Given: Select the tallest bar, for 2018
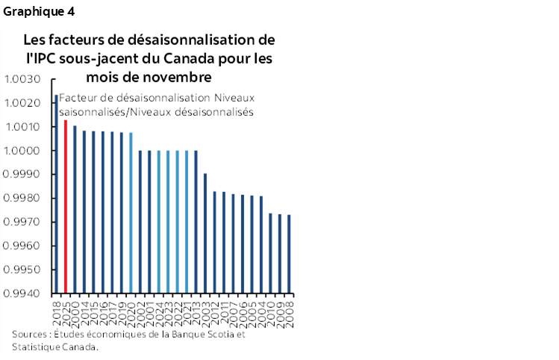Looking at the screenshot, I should (x=57, y=193).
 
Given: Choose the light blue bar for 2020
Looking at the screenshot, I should (x=131, y=213).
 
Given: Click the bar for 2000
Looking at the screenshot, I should (x=75, y=209).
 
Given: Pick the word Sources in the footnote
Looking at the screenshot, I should (x=31, y=334).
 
